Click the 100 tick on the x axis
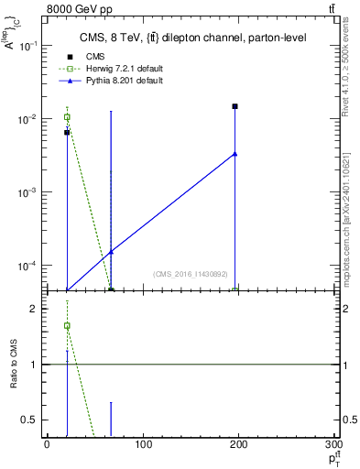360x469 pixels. [142, 444]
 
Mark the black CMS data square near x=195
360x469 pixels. [235, 106]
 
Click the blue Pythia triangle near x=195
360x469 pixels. [235, 153]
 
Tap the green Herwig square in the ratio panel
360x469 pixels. [67, 325]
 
